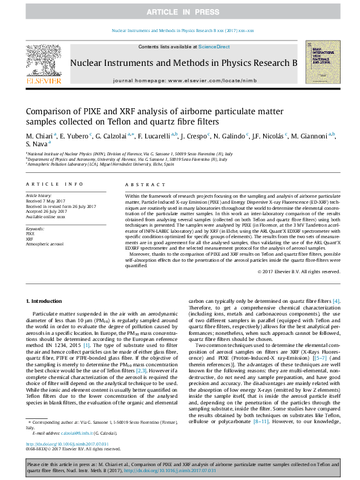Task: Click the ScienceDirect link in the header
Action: click(x=214, y=47)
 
